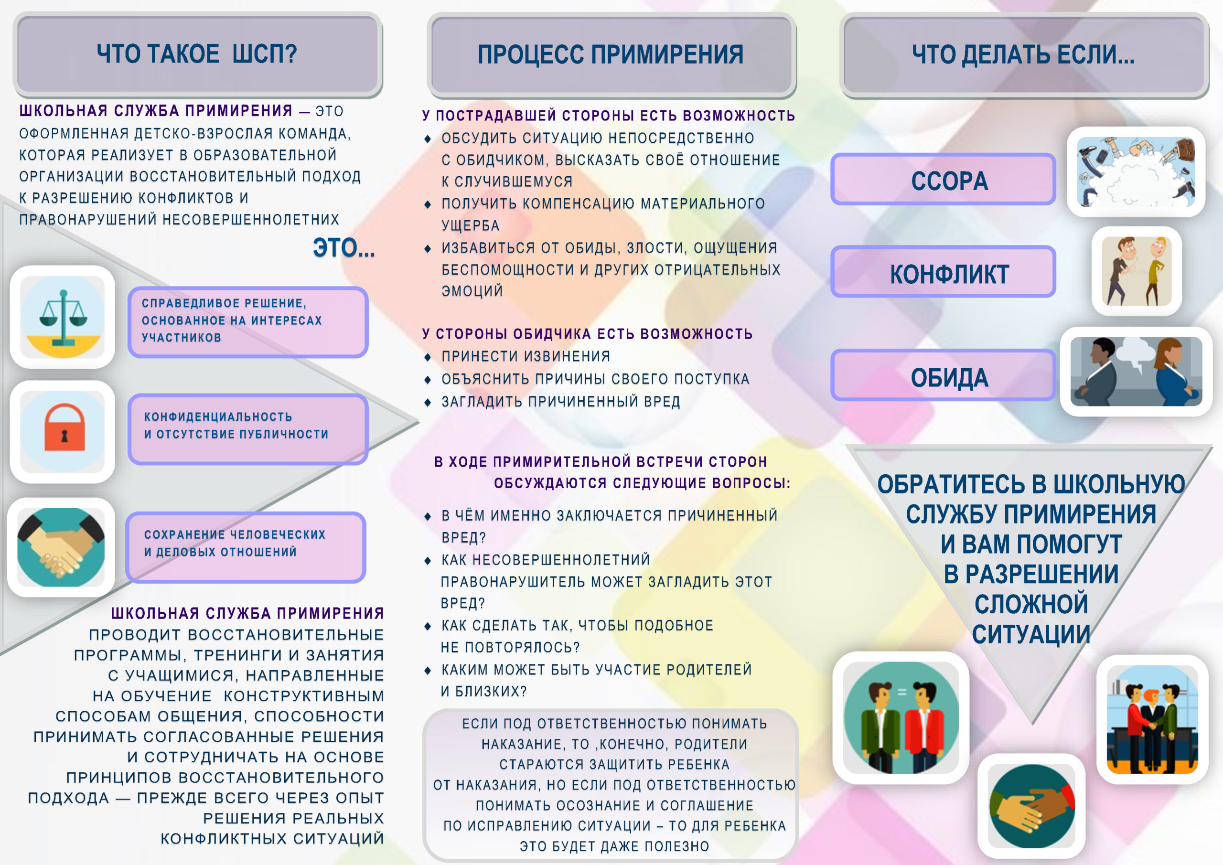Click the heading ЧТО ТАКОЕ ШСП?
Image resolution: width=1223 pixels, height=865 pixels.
point(197,54)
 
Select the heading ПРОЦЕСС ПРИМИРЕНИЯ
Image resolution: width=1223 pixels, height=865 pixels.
point(611,54)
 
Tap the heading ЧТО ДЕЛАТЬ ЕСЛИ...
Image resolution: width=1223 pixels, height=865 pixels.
point(1023,54)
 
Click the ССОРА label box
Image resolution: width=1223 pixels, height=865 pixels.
point(944,180)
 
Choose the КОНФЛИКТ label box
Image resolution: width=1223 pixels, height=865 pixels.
point(944,272)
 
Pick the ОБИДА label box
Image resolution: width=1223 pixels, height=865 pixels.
point(944,375)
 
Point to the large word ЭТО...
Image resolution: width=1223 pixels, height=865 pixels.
point(343,248)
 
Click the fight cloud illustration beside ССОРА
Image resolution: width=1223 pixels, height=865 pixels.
point(1136,171)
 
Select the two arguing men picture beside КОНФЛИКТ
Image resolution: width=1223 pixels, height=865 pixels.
point(1137,271)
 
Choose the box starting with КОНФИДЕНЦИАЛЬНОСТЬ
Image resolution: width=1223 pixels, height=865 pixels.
point(247,429)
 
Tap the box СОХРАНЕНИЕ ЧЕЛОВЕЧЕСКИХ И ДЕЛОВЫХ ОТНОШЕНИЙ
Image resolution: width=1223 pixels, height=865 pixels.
point(246,547)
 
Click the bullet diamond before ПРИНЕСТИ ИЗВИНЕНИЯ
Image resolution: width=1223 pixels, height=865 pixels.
point(427,357)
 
